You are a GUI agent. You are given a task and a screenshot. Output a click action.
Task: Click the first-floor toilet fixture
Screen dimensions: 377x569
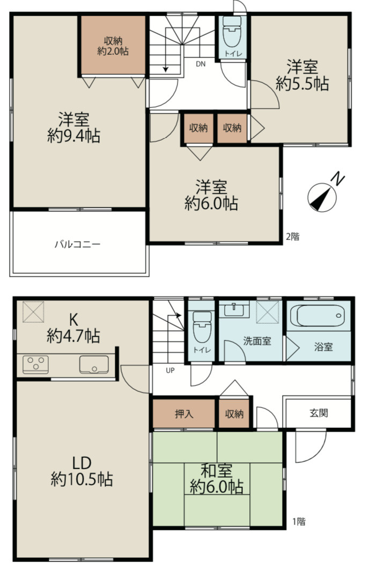tap(202, 326)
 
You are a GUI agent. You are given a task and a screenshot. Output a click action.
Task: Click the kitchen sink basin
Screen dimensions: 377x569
tap(94, 364)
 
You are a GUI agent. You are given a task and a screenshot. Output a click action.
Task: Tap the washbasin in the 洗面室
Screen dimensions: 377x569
tap(234, 310)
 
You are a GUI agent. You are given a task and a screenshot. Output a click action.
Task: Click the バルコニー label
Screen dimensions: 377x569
tap(78, 244)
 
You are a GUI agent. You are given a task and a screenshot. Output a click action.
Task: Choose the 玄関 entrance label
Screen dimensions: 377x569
tap(319, 413)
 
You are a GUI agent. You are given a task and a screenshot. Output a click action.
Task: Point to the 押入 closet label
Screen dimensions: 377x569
tap(184, 414)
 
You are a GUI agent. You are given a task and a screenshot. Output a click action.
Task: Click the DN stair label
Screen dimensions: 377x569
tap(201, 64)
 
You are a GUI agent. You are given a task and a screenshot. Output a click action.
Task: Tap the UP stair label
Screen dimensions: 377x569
tap(170, 370)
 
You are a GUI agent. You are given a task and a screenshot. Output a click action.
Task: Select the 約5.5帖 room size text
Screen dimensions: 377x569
tap(302, 84)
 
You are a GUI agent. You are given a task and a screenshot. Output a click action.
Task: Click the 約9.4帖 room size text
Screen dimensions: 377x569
tap(73, 136)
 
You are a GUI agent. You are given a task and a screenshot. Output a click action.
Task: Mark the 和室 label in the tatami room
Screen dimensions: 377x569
tap(217, 471)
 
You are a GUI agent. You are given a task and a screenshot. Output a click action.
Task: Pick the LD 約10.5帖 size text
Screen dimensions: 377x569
tap(82, 479)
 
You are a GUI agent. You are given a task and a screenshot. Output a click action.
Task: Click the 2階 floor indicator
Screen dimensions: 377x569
tap(293, 237)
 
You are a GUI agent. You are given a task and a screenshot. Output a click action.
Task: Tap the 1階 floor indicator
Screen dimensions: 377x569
tap(299, 521)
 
